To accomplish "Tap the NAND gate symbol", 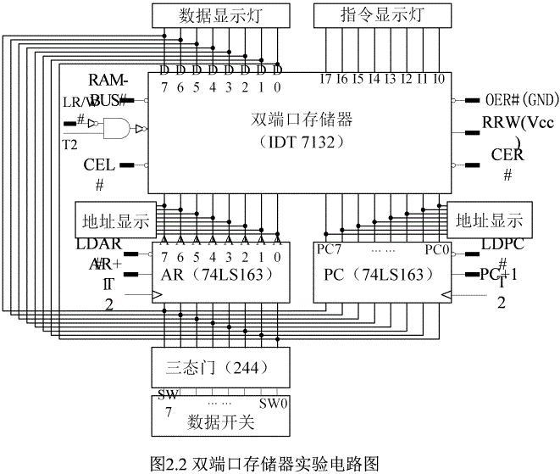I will click(118, 129).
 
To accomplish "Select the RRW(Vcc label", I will click(518, 122).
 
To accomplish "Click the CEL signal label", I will click(99, 165).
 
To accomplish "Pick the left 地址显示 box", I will click(113, 221).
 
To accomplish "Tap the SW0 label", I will click(274, 403).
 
